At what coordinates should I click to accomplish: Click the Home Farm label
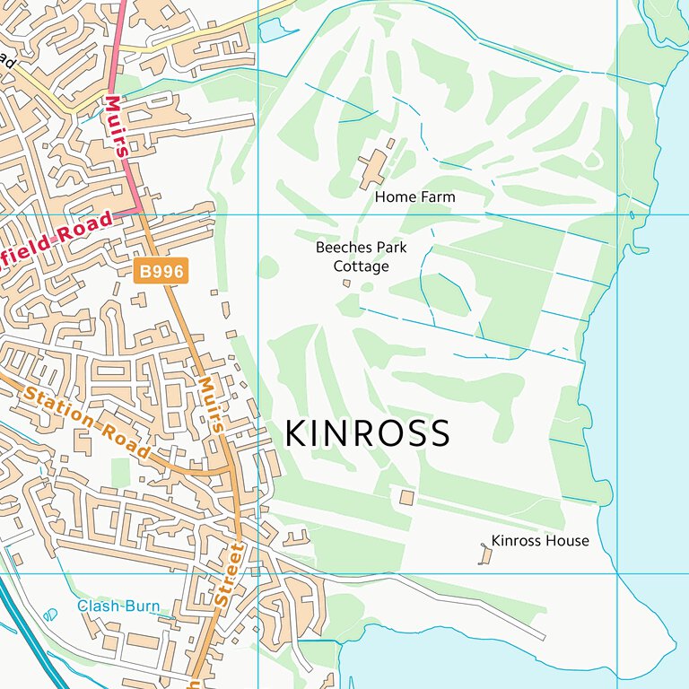[x=414, y=196]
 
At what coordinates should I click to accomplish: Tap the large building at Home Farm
[x=372, y=167]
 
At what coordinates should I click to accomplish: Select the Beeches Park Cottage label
[x=362, y=256]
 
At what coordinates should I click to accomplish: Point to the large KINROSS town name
[x=367, y=434]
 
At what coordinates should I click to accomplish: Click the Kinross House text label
[x=540, y=540]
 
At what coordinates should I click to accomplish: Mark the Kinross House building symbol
[x=485, y=555]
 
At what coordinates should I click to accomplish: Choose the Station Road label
[x=86, y=423]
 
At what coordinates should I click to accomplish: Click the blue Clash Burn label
[x=118, y=606]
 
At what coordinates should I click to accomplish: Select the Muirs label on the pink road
[x=116, y=126]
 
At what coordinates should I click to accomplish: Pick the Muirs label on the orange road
[x=210, y=404]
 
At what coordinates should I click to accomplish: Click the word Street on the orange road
[x=231, y=578]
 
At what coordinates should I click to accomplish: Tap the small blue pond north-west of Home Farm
[x=269, y=31]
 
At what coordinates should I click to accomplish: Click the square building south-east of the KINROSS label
[x=406, y=497]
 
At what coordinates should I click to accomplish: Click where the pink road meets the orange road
[x=141, y=212]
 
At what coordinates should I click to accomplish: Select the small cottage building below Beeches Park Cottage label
[x=347, y=283]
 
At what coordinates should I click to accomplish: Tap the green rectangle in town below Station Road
[x=120, y=472]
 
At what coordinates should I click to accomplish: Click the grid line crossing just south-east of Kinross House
[x=617, y=573]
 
